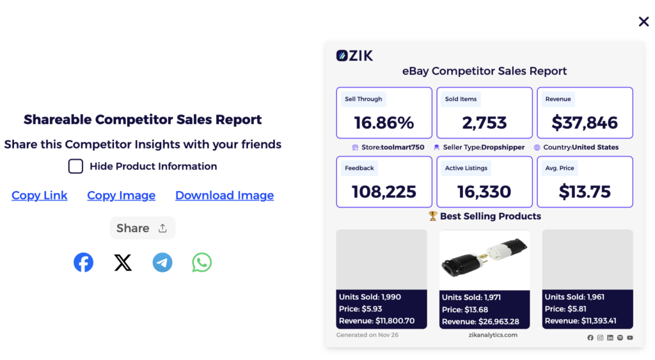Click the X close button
click(x=643, y=22)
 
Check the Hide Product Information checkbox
click(x=75, y=166)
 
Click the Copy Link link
click(x=39, y=196)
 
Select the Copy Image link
click(x=121, y=196)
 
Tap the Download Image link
click(x=225, y=196)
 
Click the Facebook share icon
click(x=83, y=263)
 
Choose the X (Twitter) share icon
click(x=123, y=263)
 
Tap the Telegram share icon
click(x=162, y=263)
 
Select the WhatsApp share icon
click(x=202, y=263)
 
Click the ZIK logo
click(x=354, y=56)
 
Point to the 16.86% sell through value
click(x=384, y=123)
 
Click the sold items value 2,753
click(x=484, y=123)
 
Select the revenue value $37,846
click(x=585, y=123)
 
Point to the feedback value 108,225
click(x=384, y=191)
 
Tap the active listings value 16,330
click(x=484, y=191)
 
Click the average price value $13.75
click(x=585, y=191)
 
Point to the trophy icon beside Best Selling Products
click(x=432, y=216)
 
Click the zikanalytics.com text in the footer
click(x=493, y=335)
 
